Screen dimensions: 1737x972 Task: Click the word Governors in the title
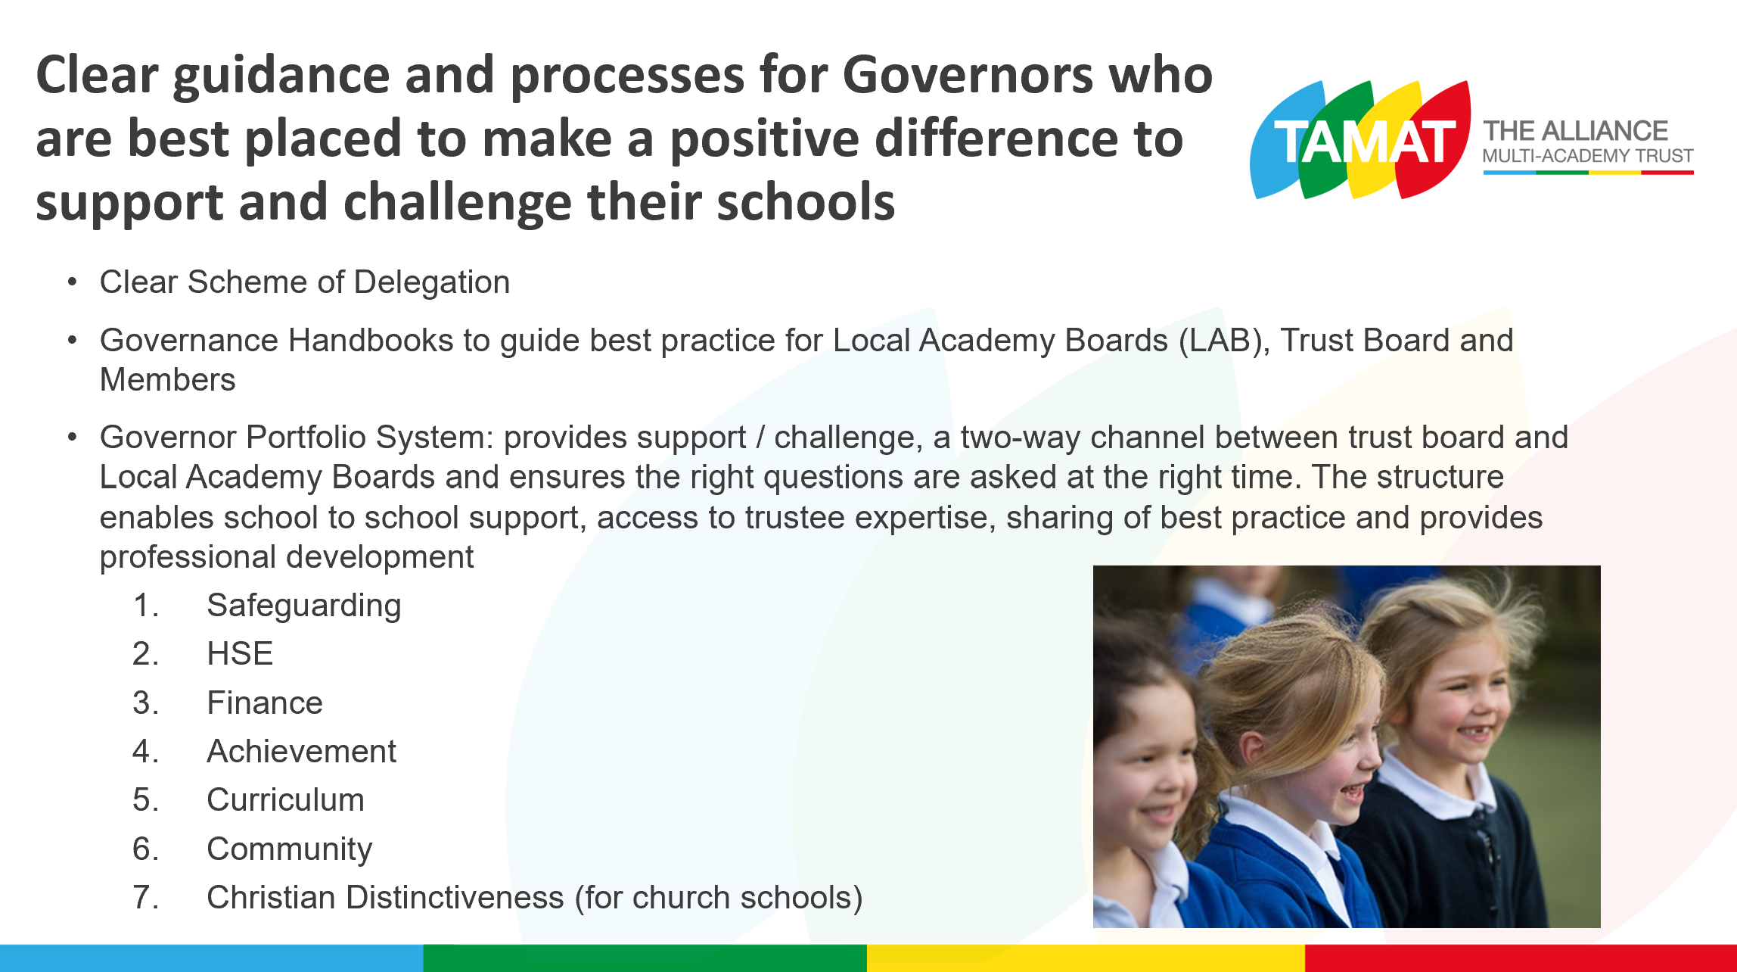click(968, 75)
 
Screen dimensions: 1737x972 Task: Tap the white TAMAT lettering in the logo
click(1366, 142)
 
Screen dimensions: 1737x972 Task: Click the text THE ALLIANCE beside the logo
click(1575, 131)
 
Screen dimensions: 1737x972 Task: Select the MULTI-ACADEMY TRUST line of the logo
click(1588, 156)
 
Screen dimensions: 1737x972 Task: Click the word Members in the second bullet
click(168, 379)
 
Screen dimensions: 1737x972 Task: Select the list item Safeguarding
click(304, 606)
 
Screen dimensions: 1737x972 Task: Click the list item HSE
click(240, 653)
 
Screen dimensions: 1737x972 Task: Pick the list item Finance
click(265, 703)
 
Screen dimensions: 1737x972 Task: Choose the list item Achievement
click(302, 751)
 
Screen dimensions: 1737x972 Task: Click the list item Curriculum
click(286, 799)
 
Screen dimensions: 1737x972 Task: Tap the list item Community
click(290, 850)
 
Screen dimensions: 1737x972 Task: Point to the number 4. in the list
click(146, 751)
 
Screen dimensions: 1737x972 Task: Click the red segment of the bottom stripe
click(1521, 958)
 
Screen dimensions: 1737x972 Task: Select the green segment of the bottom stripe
click(645, 958)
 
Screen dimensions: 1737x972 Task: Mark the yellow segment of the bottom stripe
click(1086, 958)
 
